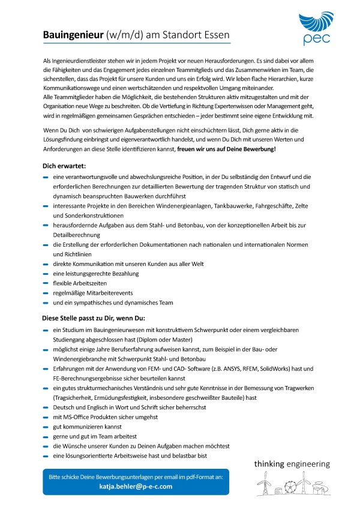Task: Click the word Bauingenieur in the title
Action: tap(73, 35)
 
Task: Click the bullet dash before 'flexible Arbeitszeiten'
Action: tap(46, 283)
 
